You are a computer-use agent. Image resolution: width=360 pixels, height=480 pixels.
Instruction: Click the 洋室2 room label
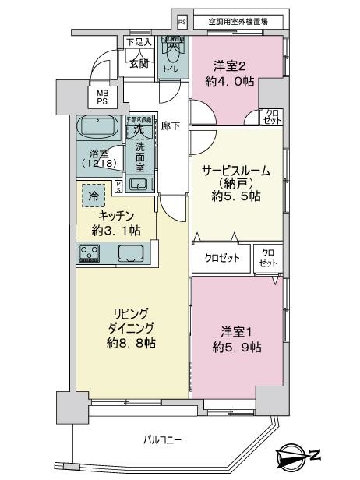coord(224,66)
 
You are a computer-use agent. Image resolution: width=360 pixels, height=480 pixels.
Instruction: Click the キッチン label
coord(117,216)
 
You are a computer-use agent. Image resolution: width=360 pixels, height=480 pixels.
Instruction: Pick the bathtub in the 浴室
coord(97,125)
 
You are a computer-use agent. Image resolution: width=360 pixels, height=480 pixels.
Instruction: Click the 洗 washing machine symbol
coord(139,129)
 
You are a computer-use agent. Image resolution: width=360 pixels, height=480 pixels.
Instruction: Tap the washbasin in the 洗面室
coord(138,184)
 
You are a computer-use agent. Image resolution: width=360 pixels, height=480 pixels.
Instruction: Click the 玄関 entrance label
coord(139,64)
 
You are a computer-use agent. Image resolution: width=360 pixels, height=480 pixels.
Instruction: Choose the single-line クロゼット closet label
coord(221,257)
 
